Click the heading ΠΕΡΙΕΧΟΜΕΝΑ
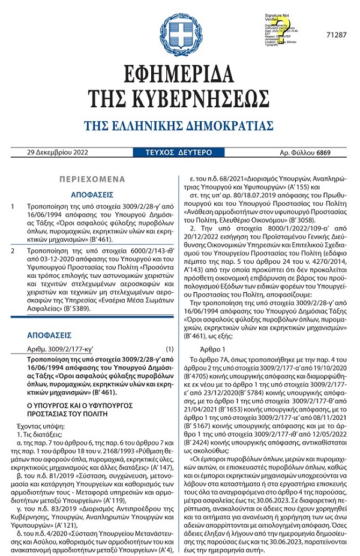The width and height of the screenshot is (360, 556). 92,179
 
